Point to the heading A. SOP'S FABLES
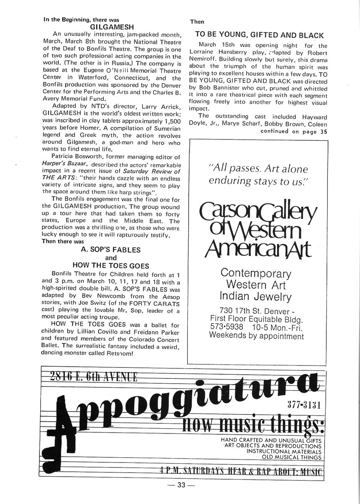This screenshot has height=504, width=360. (x=110, y=249)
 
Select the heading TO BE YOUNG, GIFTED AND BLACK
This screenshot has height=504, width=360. (x=259, y=35)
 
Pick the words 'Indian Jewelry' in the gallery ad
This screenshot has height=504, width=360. (x=255, y=297)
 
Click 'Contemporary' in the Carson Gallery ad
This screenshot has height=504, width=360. (x=255, y=273)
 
